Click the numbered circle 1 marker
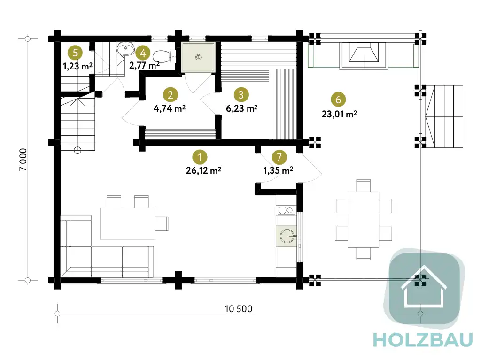(x=199, y=157)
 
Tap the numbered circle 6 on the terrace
(x=338, y=100)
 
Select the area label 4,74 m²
(x=169, y=108)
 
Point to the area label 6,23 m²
(x=242, y=108)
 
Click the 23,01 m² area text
(x=339, y=114)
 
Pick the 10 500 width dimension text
(x=238, y=309)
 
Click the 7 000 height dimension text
(x=23, y=160)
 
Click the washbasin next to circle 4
(x=125, y=49)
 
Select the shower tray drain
(x=198, y=57)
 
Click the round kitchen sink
(x=287, y=236)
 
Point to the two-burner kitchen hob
(x=286, y=210)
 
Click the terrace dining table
(x=363, y=220)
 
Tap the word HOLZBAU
(x=423, y=340)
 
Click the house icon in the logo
(x=424, y=286)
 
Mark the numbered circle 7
(x=279, y=157)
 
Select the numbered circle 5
(x=75, y=53)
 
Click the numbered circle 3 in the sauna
(x=241, y=95)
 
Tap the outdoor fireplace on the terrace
(x=364, y=56)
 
